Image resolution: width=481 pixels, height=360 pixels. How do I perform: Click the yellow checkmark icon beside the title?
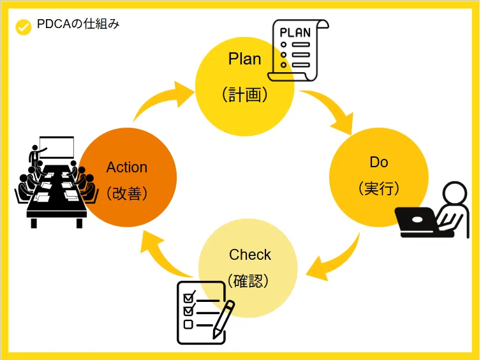pos(24,27)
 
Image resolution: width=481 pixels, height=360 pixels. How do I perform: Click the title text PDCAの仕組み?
pos(78,24)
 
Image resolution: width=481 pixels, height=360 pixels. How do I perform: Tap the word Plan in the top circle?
pos(244,59)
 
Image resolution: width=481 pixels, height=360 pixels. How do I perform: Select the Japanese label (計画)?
pos(244,94)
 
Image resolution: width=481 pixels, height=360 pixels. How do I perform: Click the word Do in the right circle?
pos(379,162)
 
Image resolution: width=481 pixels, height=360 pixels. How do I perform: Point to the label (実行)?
pos(379,188)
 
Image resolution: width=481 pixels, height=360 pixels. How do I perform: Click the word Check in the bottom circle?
pos(249,255)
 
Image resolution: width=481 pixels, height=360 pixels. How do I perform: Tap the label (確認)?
pos(248,280)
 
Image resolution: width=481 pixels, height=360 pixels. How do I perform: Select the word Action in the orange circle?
pos(127,167)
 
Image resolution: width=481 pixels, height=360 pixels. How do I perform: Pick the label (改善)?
pos(127,193)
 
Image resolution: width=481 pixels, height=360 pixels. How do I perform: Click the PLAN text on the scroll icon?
pos(295,33)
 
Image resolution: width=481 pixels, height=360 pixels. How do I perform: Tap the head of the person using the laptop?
pos(455,193)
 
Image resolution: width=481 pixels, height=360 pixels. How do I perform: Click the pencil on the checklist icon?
pos(223,320)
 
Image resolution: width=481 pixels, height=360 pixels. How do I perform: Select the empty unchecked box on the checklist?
pos(188,324)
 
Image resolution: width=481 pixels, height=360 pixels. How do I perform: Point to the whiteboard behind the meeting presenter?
pos(57,147)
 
